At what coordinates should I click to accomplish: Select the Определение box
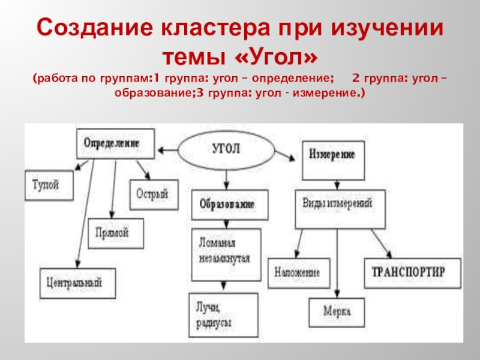click(x=112, y=144)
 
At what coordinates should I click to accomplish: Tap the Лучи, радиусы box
click(x=223, y=314)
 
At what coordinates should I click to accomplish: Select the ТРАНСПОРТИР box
click(x=413, y=272)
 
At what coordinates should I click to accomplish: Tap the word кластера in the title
click(x=200, y=28)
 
